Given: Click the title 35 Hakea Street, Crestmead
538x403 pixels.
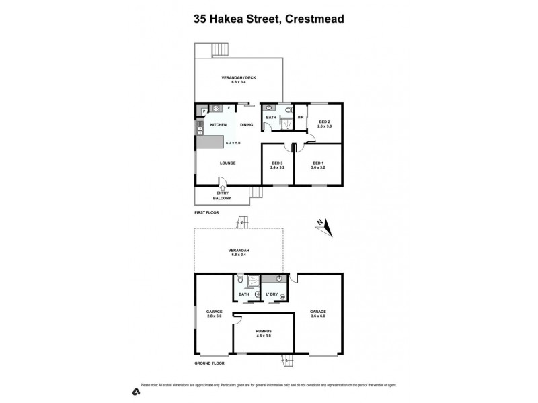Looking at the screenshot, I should point(269,19).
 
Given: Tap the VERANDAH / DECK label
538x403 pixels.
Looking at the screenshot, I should point(239,78).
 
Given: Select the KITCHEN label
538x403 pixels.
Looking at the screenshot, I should point(219,125).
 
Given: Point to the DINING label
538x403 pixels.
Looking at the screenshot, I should point(246,125).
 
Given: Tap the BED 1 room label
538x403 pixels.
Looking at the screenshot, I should point(318,163).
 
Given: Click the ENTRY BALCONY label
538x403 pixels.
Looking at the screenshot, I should point(223,197).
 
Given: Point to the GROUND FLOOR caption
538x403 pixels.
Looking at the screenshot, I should point(210,363).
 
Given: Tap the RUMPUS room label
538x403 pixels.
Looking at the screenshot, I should point(264,331).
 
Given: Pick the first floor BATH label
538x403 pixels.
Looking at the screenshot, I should point(271,117).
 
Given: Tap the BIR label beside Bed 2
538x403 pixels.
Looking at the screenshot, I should point(301,117).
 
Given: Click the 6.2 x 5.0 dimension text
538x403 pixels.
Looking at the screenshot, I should point(233,143).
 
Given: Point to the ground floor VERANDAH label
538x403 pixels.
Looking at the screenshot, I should point(239,251).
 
